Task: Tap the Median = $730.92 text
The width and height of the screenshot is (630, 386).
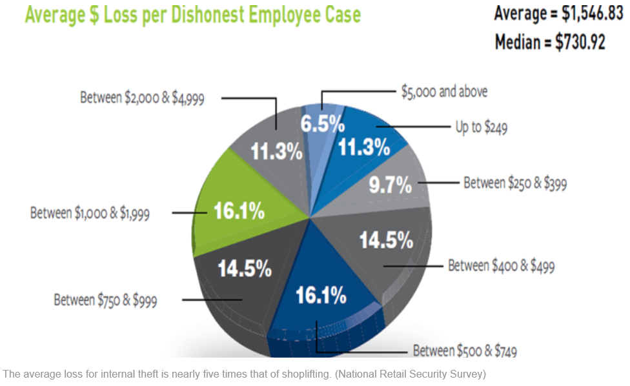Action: coord(550,43)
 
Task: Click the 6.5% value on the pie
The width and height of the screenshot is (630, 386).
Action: coord(322,124)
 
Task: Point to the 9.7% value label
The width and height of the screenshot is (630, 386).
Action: coord(390,186)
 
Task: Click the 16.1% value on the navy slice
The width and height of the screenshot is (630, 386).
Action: coord(321,296)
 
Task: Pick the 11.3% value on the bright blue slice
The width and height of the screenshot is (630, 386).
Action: coord(364,148)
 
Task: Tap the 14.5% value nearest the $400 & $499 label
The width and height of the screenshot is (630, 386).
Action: coord(386,241)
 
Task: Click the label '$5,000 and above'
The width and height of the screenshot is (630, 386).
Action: coord(444,92)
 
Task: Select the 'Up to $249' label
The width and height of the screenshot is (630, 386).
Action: coord(481,128)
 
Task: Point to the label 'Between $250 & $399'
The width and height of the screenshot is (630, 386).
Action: coord(514,183)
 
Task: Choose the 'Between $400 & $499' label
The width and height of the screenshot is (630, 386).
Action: coord(502,265)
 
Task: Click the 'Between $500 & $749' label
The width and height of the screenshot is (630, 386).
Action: coord(465,351)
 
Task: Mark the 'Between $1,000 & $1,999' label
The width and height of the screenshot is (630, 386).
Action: coord(90,213)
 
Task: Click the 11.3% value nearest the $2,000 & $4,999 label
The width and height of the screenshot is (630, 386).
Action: coord(276,152)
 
